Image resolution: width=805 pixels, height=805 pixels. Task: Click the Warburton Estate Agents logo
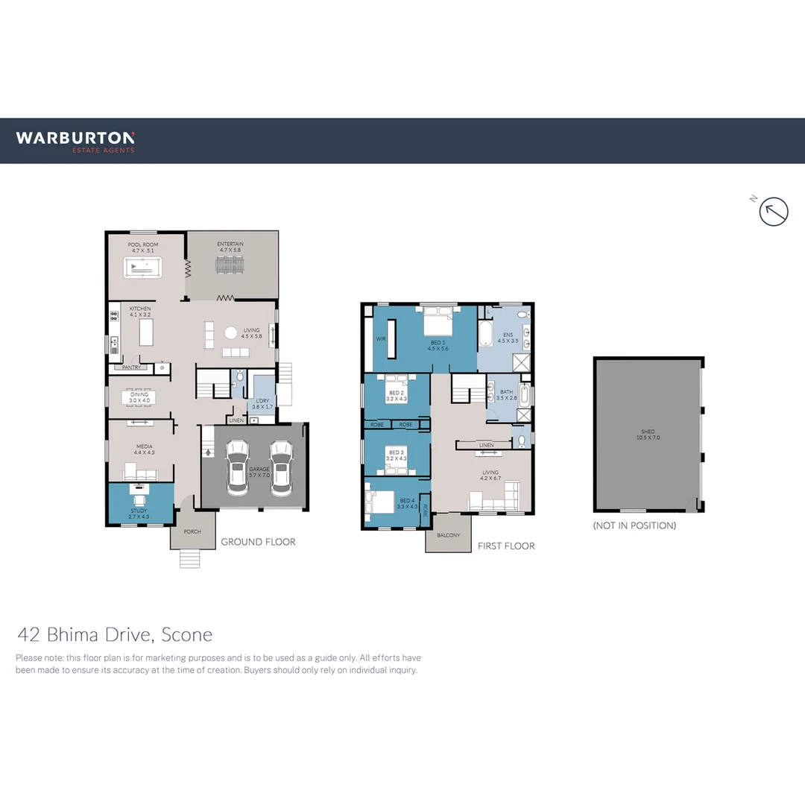pos(75,141)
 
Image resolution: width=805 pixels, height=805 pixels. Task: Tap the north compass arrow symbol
pos(774,212)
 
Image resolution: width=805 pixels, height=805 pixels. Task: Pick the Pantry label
pos(131,367)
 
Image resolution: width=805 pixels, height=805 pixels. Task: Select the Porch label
pos(192,532)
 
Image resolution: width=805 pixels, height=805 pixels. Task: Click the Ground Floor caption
pos(258,542)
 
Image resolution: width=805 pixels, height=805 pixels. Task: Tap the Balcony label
pos(449,535)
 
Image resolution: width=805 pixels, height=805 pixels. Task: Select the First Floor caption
pos(506,546)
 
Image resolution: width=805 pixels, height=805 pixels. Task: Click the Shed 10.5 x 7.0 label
pos(648,435)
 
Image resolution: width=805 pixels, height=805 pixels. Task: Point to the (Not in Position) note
pos(634,525)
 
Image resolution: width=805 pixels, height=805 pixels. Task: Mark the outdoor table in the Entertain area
pos(230,265)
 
